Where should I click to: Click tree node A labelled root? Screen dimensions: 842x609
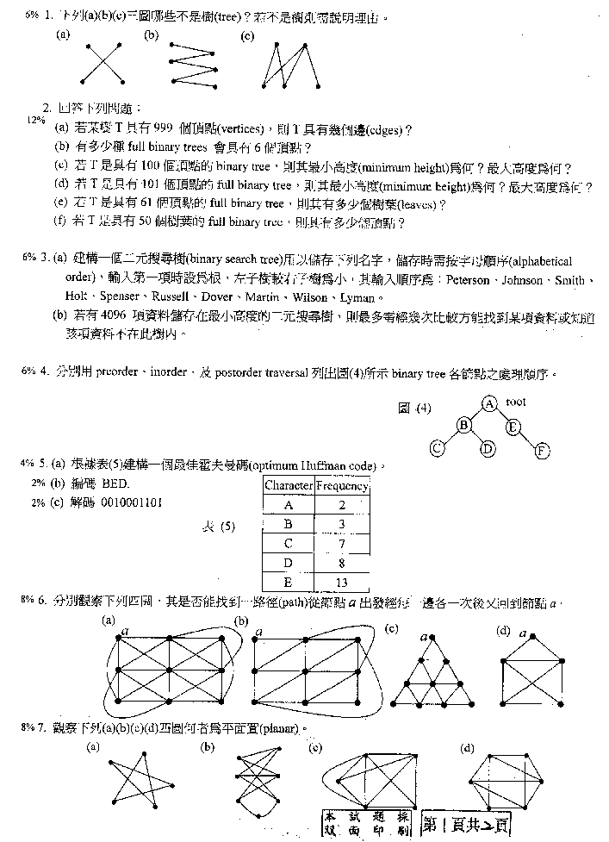[488, 402]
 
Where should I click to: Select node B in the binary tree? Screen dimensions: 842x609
[463, 424]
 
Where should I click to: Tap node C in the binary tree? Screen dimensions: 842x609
[438, 447]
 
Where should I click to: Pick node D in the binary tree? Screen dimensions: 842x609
[488, 447]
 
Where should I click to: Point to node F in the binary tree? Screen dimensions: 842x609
[540, 449]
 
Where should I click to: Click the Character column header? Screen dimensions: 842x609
[288, 486]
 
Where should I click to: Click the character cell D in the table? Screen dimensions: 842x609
[288, 563]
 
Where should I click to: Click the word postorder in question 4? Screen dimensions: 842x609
[268, 375]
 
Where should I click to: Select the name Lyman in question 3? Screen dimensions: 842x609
[357, 297]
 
